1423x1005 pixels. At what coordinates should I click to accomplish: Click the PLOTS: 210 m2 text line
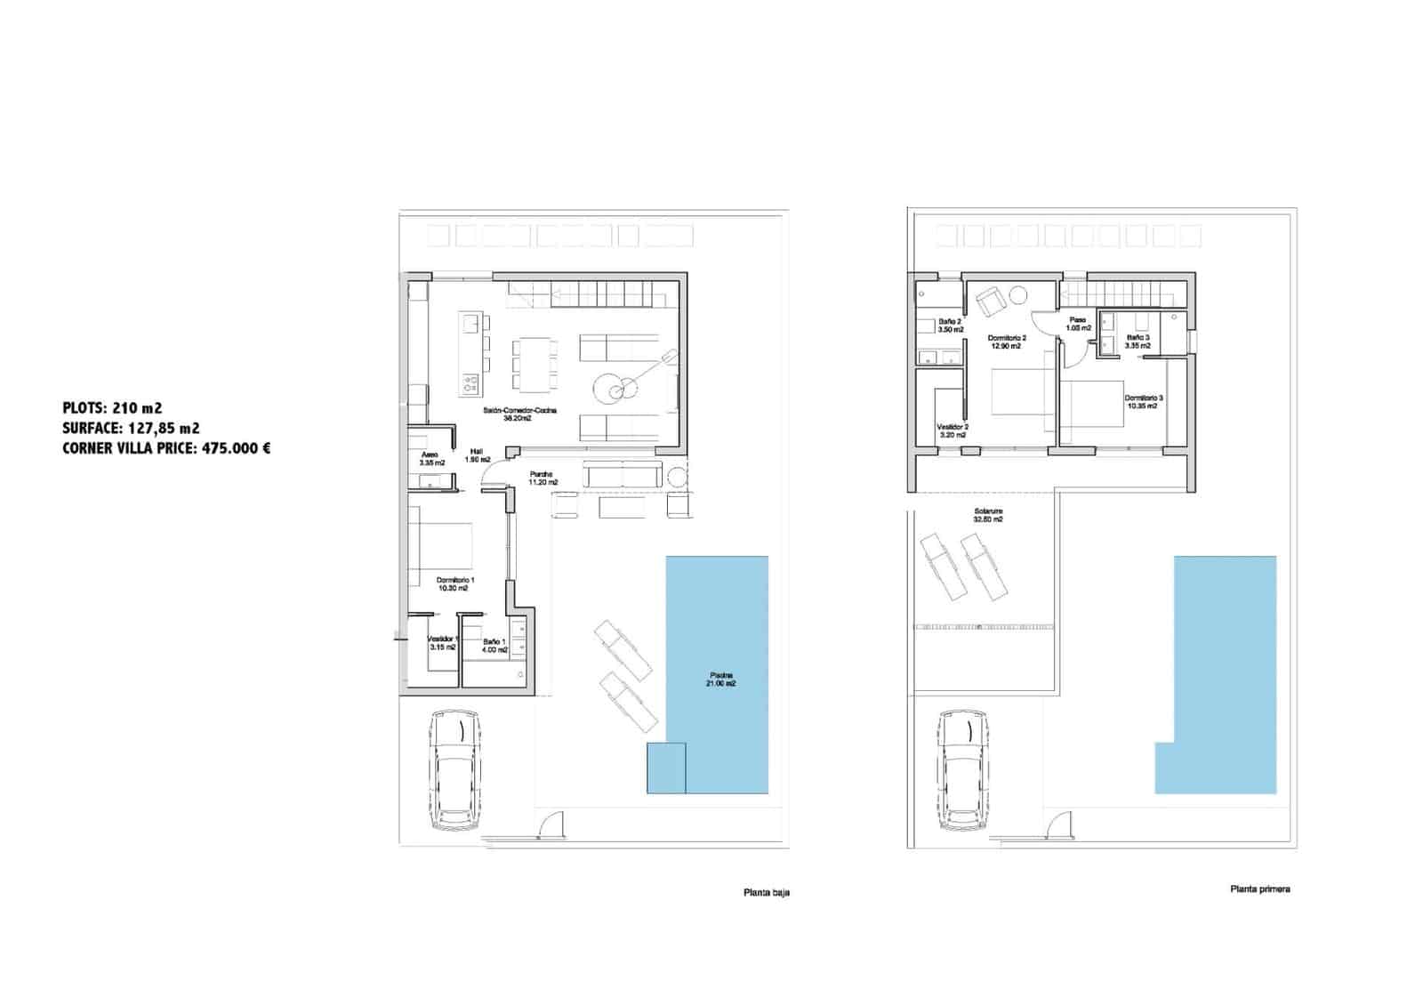[x=112, y=408]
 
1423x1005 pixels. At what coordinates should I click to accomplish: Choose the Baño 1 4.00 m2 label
[x=495, y=645]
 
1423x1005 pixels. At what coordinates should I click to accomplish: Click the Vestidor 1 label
[x=442, y=642]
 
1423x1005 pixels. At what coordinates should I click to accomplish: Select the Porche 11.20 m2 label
[x=543, y=478]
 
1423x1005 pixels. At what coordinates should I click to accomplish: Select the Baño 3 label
[x=1138, y=342]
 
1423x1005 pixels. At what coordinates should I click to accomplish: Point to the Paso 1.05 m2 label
[x=1078, y=324]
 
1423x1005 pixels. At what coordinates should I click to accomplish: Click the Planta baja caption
[x=766, y=892]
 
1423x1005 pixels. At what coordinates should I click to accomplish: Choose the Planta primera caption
[x=1259, y=888]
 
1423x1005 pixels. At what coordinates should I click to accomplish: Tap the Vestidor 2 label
[x=953, y=431]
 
